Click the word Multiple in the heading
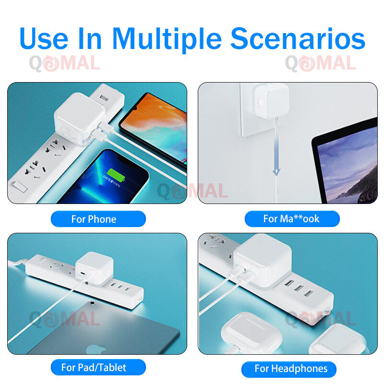click(x=167, y=39)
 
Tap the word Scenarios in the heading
click(x=298, y=39)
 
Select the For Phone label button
click(x=98, y=219)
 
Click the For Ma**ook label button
click(x=292, y=219)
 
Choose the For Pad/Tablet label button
click(x=98, y=367)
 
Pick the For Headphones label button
click(x=289, y=369)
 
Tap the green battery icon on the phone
click(x=116, y=175)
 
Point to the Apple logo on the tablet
click(x=96, y=349)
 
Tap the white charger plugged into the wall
click(x=272, y=101)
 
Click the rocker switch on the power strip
click(x=20, y=187)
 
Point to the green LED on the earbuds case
click(x=251, y=328)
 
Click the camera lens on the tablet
click(x=92, y=303)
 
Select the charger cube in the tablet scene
click(x=94, y=269)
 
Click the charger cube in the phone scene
click(x=80, y=118)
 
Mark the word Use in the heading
click(x=44, y=39)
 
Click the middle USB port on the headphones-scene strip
click(x=299, y=288)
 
